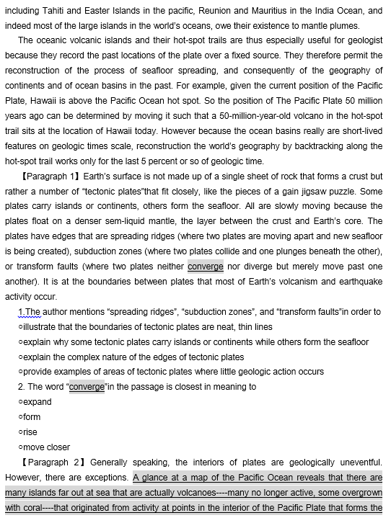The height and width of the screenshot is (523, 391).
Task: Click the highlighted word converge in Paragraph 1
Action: [206, 266]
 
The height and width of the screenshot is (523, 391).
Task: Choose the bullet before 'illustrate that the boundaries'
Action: [20, 326]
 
